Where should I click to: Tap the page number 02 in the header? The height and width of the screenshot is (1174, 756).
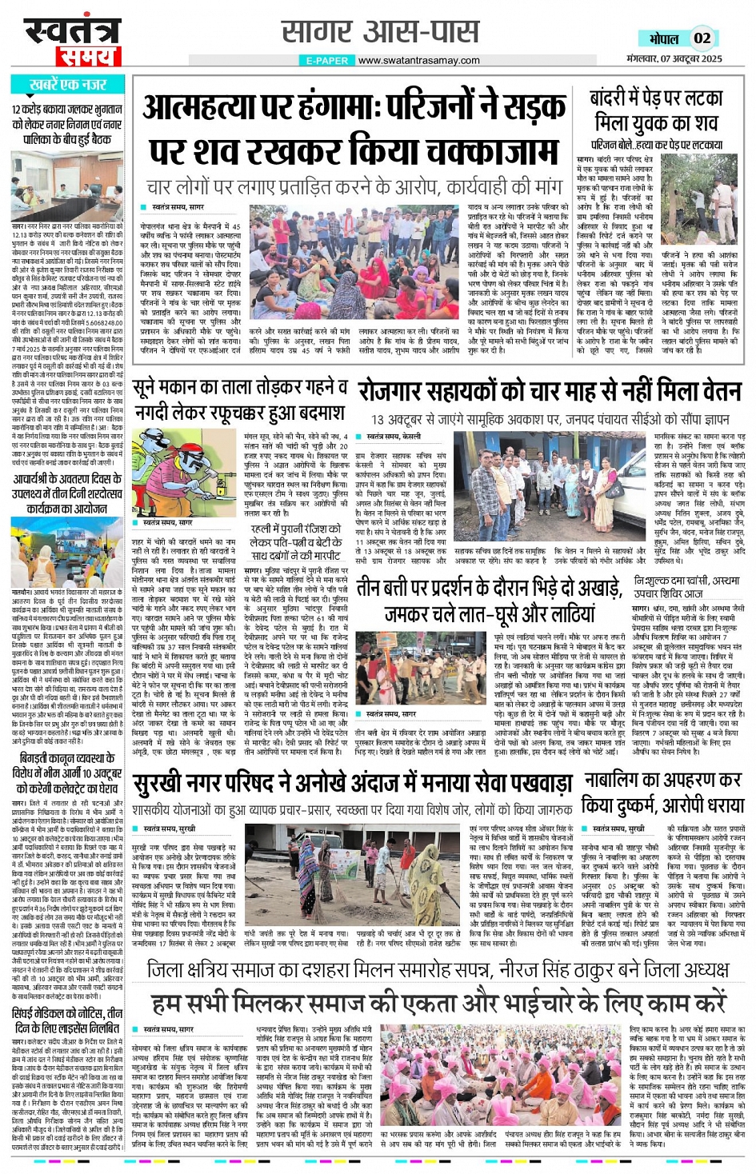[x=702, y=38]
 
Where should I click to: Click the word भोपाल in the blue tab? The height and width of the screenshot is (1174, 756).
[x=664, y=38]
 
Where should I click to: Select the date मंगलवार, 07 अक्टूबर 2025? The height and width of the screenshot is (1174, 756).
[x=675, y=58]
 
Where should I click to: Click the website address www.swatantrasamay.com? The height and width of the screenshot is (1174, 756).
[x=418, y=60]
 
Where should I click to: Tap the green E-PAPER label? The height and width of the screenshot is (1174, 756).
[x=327, y=60]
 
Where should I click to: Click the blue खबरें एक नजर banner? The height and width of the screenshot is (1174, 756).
[x=67, y=85]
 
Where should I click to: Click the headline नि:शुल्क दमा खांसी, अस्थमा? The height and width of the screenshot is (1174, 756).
[x=686, y=587]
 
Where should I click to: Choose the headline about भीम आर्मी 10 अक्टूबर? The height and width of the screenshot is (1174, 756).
[x=67, y=773]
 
